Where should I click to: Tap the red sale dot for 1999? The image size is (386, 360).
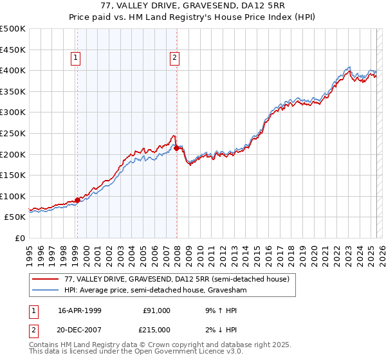[x=77, y=200]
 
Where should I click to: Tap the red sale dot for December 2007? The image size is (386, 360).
[x=176, y=148]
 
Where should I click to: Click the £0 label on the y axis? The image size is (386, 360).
[x=19, y=238]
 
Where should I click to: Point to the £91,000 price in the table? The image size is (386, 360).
[x=156, y=310]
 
